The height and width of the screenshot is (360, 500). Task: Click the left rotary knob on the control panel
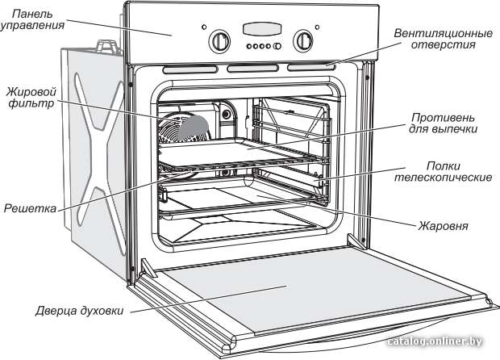[x=219, y=41]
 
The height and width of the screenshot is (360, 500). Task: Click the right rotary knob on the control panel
[x=303, y=41]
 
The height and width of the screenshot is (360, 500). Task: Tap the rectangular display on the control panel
[x=262, y=29]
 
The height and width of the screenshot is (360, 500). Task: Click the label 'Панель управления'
[x=32, y=20]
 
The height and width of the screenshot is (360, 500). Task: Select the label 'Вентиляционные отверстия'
[x=444, y=39]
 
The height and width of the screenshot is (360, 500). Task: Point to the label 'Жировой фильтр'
[x=31, y=98]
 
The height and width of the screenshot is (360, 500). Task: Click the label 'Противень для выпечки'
[x=443, y=123]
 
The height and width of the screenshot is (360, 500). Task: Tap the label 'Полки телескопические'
[x=443, y=171]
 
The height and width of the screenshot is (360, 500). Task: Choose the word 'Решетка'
[x=30, y=208]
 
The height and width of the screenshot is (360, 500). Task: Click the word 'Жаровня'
[x=444, y=226]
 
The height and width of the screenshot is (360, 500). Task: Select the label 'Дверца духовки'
[x=79, y=310]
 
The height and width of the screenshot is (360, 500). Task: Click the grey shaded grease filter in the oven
[x=194, y=128]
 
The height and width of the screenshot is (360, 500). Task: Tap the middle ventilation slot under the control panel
[x=252, y=69]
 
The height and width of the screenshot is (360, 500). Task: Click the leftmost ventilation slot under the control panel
[x=190, y=69]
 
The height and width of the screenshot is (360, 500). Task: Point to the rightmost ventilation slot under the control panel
[x=311, y=67]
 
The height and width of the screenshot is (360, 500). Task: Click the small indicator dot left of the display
[x=204, y=27]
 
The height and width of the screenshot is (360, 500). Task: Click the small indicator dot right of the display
[x=317, y=27]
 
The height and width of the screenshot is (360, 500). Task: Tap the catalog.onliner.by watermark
[x=435, y=341]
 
